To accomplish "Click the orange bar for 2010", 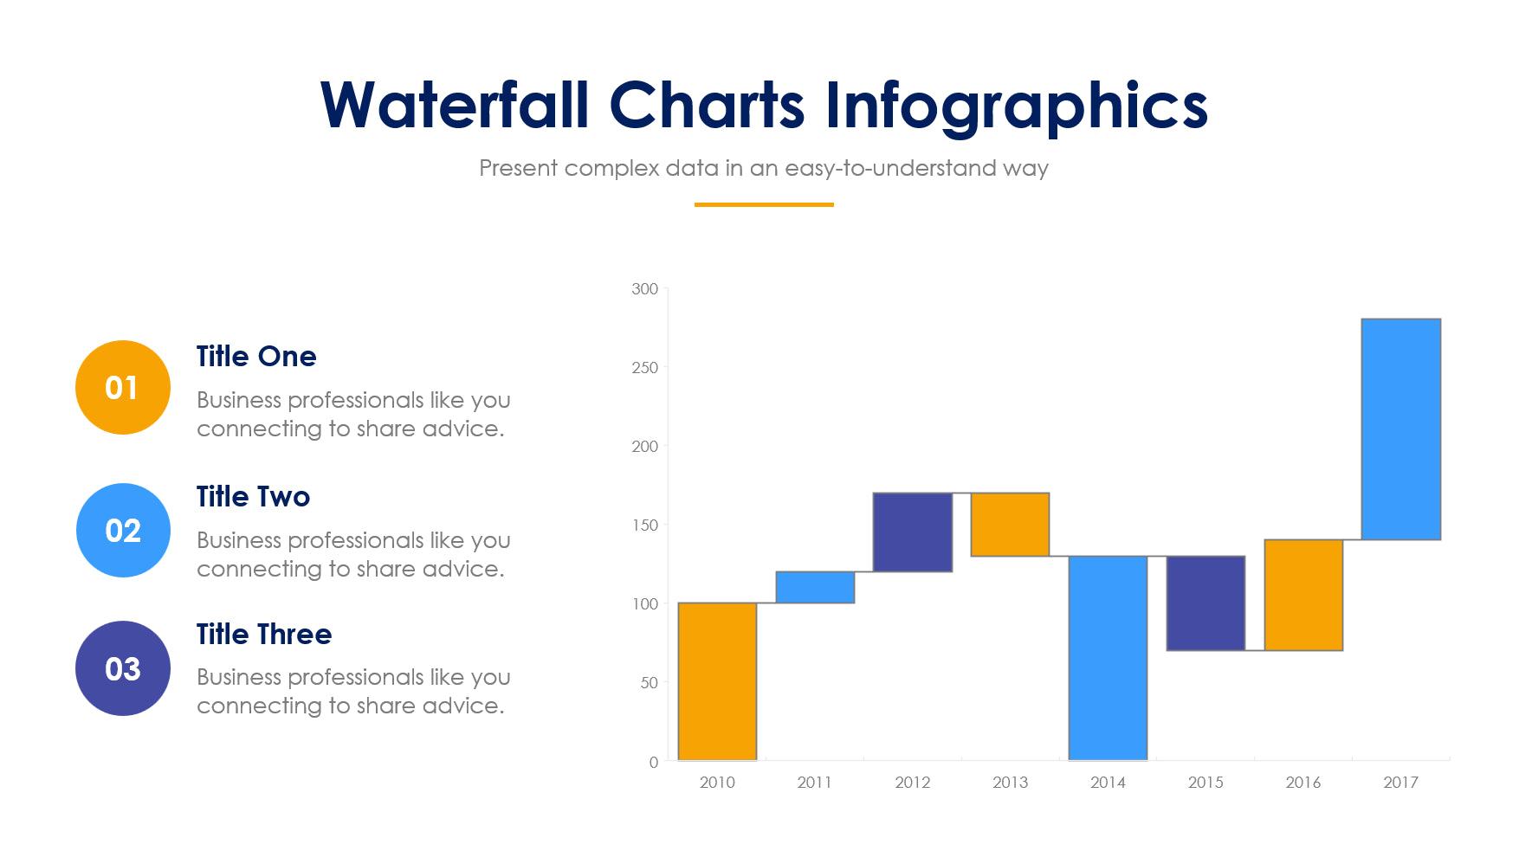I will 717,681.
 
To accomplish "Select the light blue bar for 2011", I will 815,587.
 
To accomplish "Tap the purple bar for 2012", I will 912,532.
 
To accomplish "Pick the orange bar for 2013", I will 1010,524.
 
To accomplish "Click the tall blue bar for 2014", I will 1108,658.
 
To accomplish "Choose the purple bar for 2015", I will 1206,603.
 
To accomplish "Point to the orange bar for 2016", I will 1303,595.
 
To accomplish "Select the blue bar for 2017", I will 1400,429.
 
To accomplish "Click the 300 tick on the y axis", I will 644,289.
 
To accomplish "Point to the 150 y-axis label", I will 644,525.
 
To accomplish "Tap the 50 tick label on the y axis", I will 649,683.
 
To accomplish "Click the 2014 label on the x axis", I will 1108,783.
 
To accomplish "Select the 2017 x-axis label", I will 1400,783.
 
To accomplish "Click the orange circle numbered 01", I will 122,387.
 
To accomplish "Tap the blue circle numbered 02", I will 122,530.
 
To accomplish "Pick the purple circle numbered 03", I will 122,668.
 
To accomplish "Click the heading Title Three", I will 263,634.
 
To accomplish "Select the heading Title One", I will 255,356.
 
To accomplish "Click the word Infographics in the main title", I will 1015,106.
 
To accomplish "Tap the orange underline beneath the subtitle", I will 763,204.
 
